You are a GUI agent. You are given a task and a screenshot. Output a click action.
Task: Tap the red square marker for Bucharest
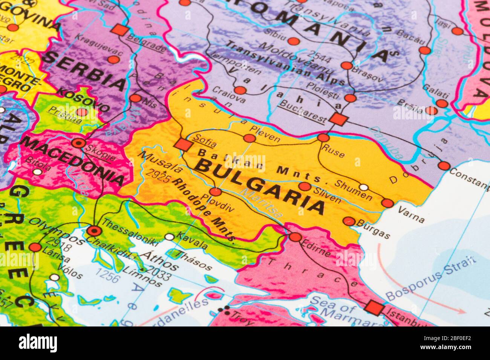pos(338,119)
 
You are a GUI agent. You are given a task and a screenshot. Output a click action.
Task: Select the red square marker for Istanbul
pos(374,308)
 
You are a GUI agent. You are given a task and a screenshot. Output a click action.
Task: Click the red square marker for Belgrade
pos(120,30)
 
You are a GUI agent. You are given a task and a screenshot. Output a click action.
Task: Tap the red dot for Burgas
pos(349,221)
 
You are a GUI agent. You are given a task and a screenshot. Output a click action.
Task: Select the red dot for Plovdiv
pos(216,192)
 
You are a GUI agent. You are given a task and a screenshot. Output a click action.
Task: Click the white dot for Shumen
pos(363,187)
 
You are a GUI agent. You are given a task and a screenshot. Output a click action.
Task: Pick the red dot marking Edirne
pos(296,237)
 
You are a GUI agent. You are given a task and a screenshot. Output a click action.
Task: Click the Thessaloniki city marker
pos(93,231)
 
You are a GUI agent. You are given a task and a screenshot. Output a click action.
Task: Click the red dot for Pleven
pos(249,138)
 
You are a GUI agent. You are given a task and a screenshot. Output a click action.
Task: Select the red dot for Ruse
pos(323,138)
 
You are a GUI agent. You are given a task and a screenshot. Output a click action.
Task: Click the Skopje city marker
pos(79,143)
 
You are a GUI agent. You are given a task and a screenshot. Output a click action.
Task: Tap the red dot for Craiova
pos(240,90)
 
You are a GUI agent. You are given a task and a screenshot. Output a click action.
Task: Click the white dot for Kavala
pos(170,237)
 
